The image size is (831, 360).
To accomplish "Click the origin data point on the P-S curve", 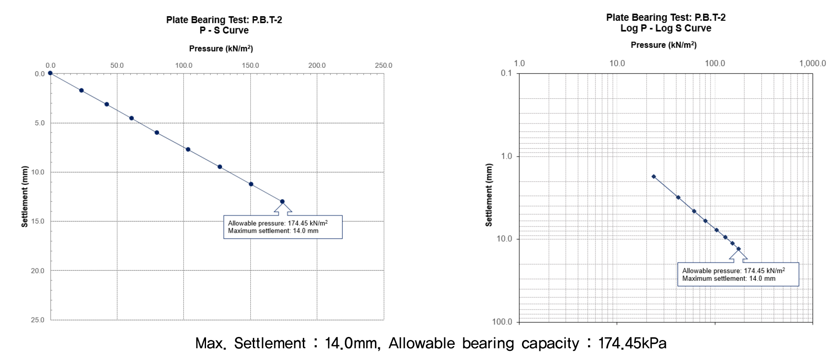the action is pos(50,73).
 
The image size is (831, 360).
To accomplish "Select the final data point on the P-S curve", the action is pos(282,201).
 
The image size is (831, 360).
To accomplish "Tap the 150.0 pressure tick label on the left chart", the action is pos(250,65).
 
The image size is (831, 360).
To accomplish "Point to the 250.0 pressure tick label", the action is pos(383,65).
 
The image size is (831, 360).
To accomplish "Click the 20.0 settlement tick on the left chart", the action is pos(38,270).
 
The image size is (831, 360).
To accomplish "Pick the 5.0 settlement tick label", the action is pos(40,123).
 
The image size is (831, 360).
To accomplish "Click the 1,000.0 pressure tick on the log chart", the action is pos(812,63).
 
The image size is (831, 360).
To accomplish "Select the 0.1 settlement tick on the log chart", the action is pos(506,73).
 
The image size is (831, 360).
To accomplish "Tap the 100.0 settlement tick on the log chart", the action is pos(502,322).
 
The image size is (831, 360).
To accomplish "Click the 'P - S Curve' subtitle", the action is pos(224,30).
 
